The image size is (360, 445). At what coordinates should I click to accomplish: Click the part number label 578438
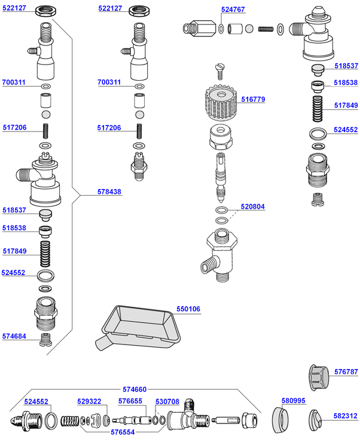[109, 193]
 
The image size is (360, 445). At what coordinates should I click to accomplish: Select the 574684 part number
[14, 336]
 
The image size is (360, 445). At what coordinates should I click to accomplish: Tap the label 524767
[233, 10]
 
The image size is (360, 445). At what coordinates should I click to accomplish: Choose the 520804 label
[252, 206]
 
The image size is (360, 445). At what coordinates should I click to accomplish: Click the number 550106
[188, 309]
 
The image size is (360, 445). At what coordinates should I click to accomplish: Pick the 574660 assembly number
[135, 389]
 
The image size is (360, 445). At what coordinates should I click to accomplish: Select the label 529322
[89, 401]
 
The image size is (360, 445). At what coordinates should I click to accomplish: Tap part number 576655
[130, 401]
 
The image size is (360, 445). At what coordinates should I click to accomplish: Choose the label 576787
[346, 372]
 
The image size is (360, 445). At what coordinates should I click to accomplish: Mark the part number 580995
[294, 401]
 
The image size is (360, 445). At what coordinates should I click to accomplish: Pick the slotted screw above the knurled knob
[219, 71]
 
